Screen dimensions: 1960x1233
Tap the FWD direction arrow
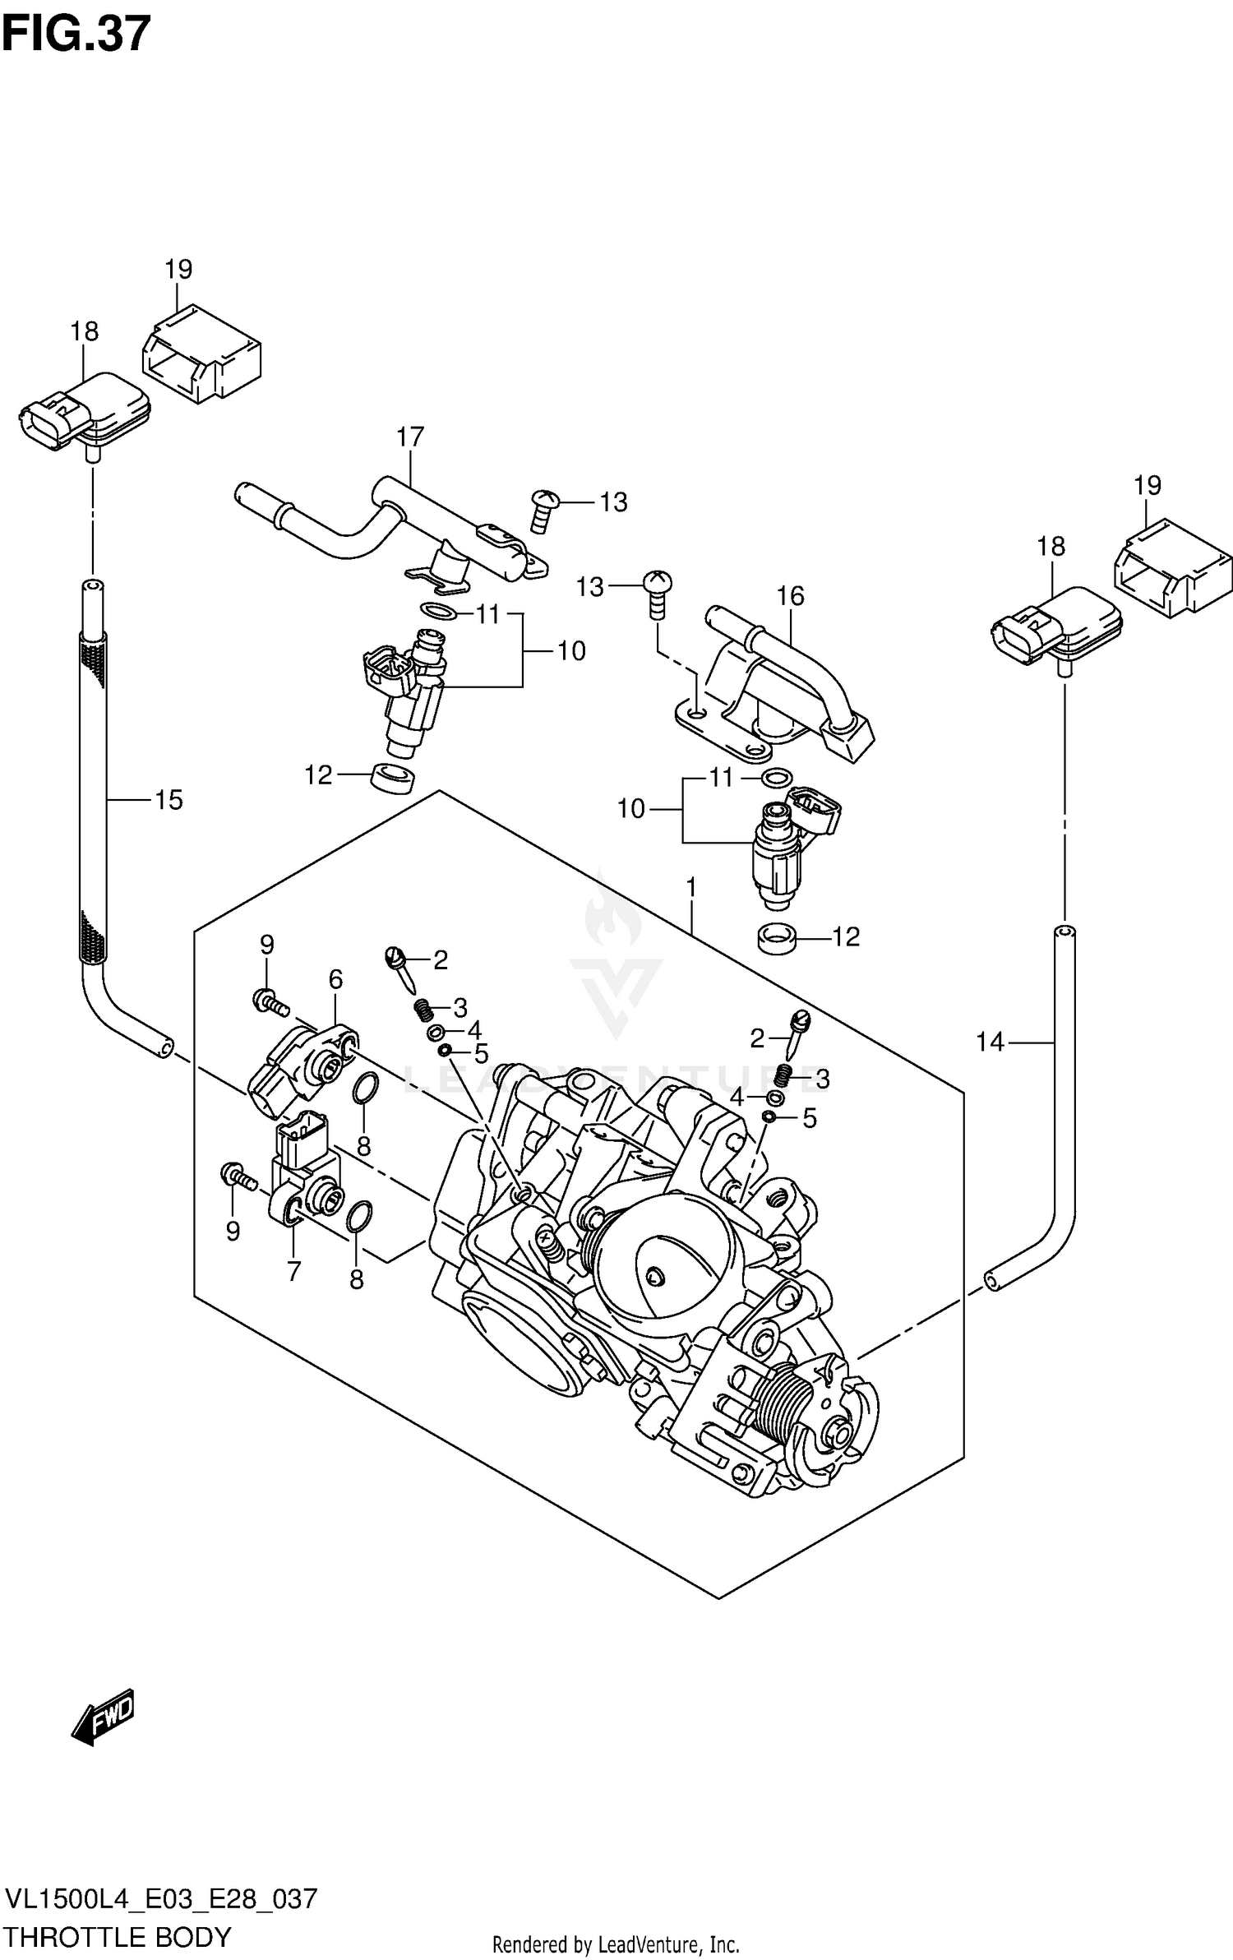coord(102,1719)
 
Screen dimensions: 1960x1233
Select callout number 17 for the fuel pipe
coord(409,437)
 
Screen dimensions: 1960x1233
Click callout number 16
coord(790,596)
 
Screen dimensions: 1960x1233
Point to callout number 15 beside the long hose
coord(169,800)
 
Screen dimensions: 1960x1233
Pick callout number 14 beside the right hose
coord(990,1042)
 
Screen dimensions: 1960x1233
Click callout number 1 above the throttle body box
coord(691,887)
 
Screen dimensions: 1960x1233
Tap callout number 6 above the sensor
coord(335,979)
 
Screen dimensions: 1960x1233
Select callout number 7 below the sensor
coord(294,1272)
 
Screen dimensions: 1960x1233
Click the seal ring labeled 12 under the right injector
coord(777,938)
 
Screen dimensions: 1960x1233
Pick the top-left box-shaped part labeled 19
coord(201,354)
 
